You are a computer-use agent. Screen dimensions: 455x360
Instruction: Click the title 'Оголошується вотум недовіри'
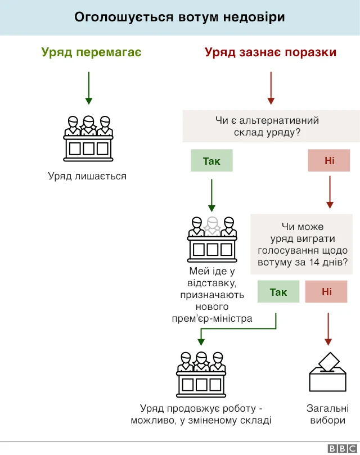pyautogui.click(x=179, y=17)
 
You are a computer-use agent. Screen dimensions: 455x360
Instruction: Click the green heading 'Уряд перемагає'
pyautogui.click(x=91, y=52)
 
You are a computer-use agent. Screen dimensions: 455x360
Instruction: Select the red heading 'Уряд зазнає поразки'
pyautogui.click(x=271, y=52)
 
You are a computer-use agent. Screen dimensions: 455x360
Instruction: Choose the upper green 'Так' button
pyautogui.click(x=211, y=161)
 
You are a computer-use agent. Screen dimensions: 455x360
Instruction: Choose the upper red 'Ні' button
pyautogui.click(x=329, y=161)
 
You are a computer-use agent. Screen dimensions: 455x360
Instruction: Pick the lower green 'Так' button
pyautogui.click(x=278, y=292)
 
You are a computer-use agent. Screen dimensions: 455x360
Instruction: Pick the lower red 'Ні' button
pyautogui.click(x=327, y=292)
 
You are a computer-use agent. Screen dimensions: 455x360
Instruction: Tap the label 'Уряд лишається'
pyautogui.click(x=87, y=176)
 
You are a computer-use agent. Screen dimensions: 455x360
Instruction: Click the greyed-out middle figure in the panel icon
pyautogui.click(x=211, y=226)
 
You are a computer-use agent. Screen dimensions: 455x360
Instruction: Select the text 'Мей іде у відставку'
pyautogui.click(x=211, y=277)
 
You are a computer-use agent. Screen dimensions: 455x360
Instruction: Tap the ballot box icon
pyautogui.click(x=327, y=372)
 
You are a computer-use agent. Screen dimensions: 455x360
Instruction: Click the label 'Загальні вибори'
pyautogui.click(x=327, y=415)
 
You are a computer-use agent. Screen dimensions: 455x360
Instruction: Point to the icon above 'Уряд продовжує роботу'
pyautogui.click(x=201, y=372)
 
